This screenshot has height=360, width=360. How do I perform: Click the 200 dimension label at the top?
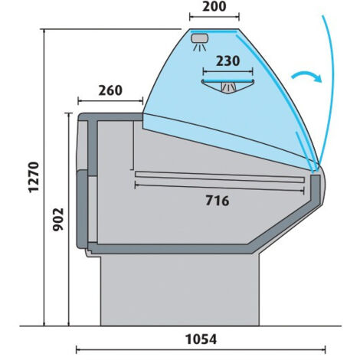[214, 6]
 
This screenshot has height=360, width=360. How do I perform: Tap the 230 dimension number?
[227, 61]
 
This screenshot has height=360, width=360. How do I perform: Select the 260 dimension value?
[110, 90]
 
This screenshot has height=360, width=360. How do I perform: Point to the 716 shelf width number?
[218, 201]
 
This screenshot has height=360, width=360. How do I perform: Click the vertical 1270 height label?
[34, 177]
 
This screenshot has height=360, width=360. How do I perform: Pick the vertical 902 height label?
[58, 220]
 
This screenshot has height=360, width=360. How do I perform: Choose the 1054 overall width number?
[201, 339]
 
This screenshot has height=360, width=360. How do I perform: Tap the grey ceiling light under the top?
[200, 38]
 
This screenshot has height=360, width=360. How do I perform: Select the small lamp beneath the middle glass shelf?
[228, 87]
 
